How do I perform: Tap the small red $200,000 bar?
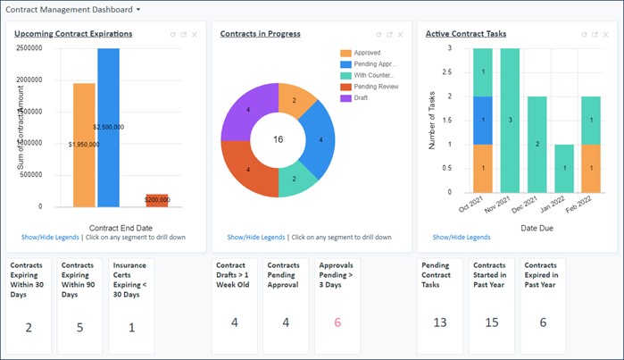(x=157, y=200)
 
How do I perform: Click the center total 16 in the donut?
(x=278, y=140)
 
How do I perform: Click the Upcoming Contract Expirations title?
(x=74, y=34)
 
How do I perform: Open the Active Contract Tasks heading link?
(x=466, y=34)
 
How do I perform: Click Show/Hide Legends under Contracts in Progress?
(x=256, y=238)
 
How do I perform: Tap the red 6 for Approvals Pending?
(x=337, y=322)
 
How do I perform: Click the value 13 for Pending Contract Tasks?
(x=439, y=322)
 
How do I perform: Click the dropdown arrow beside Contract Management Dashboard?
(x=138, y=9)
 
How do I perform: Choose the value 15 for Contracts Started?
(x=490, y=322)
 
